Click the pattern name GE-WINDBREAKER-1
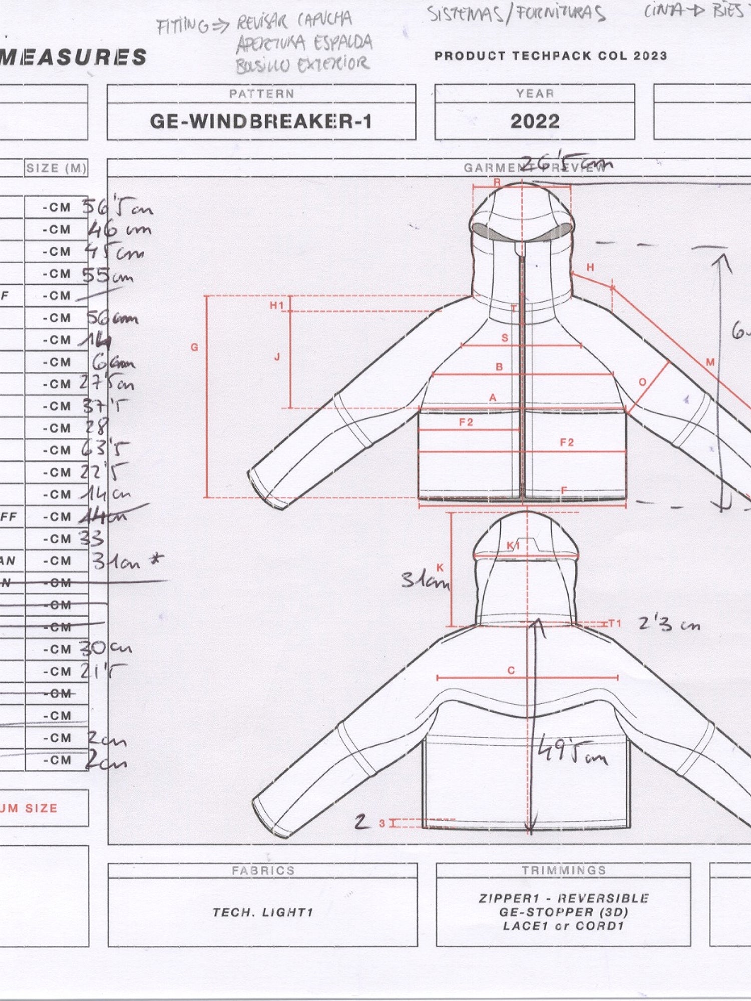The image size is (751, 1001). [x=261, y=122]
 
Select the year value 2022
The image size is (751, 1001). [x=535, y=122]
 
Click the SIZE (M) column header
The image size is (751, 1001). [x=56, y=168]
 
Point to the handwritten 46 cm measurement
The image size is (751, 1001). [x=119, y=230]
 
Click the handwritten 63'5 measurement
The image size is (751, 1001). [x=105, y=449]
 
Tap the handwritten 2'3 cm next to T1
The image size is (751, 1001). [x=669, y=624]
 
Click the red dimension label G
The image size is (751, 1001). [x=195, y=347]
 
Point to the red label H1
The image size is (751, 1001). [x=276, y=305]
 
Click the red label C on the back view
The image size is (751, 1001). [x=511, y=670]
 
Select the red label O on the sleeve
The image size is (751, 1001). [x=642, y=382]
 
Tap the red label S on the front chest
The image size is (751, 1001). [x=505, y=338]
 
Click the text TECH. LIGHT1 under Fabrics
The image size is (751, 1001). [x=263, y=912]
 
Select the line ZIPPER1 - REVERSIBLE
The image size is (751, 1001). [x=563, y=898]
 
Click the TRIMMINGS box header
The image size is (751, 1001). [x=563, y=870]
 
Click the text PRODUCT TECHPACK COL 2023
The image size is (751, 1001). [x=551, y=56]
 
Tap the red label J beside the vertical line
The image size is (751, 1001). [x=277, y=357]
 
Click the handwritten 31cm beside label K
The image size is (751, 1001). [x=425, y=581]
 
